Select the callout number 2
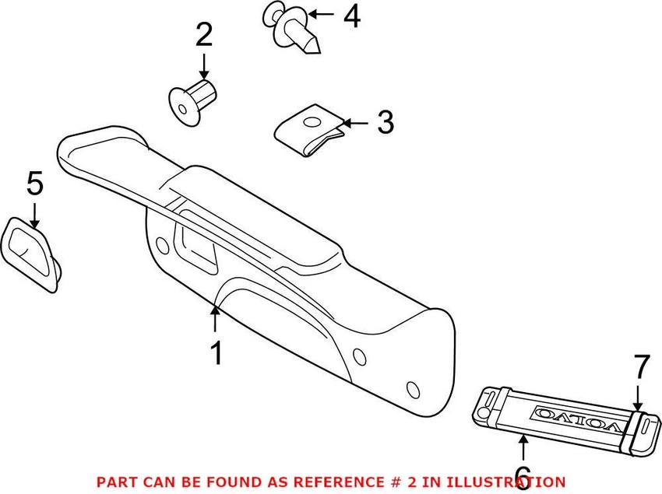203,35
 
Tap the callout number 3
384,122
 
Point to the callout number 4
352,16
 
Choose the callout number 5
35,184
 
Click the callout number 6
523,474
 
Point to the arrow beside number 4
322,14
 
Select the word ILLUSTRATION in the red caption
517,482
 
